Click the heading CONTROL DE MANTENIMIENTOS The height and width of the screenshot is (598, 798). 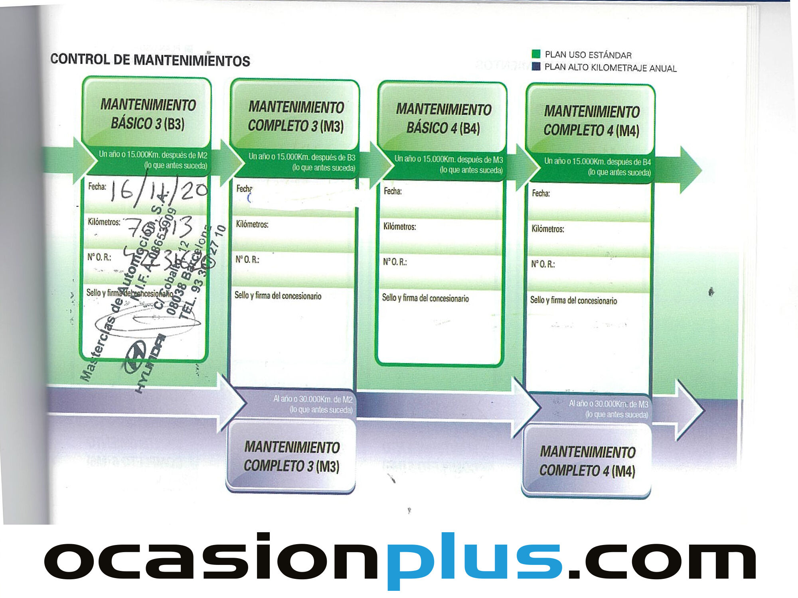tap(150, 60)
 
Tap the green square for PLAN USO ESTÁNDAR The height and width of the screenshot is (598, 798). tap(536, 54)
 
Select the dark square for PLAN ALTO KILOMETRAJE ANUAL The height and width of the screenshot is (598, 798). tap(536, 66)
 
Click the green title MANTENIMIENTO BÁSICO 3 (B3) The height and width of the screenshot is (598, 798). tap(148, 114)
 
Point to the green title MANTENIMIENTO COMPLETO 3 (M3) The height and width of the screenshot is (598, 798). tap(296, 116)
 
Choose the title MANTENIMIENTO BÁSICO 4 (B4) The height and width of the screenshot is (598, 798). tap(443, 119)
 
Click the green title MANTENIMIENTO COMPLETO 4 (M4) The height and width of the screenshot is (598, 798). tap(591, 121)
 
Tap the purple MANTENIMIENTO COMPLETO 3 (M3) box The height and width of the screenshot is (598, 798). tap(292, 456)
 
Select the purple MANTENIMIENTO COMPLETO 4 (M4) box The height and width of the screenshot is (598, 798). tap(587, 461)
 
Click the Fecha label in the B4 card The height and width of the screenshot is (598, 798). tap(393, 191)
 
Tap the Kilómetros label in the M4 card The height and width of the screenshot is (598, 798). tap(547, 229)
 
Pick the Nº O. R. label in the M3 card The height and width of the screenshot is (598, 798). tap(247, 260)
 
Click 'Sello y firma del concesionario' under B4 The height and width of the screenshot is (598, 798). tap(425, 298)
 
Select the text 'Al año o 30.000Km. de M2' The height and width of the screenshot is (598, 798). tap(313, 399)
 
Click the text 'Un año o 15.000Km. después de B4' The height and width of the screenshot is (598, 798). tap(597, 161)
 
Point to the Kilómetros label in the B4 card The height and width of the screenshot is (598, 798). tap(399, 227)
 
